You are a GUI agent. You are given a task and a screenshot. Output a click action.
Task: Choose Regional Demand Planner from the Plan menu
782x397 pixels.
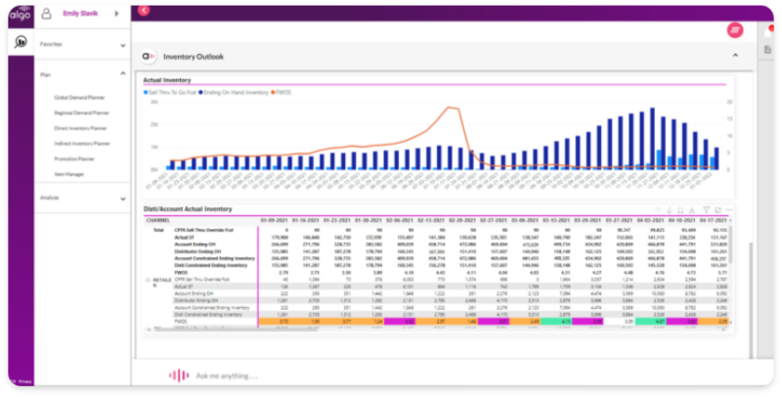(x=82, y=112)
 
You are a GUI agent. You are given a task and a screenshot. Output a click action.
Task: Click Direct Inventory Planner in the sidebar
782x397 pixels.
(x=81, y=128)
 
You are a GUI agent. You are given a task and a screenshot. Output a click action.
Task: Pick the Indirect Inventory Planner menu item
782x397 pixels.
(x=82, y=144)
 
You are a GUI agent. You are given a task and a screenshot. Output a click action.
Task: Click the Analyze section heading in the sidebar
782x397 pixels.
(x=50, y=198)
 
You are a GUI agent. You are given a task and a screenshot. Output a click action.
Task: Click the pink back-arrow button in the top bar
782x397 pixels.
(x=145, y=10)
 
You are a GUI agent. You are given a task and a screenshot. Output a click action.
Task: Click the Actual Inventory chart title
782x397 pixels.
(x=167, y=79)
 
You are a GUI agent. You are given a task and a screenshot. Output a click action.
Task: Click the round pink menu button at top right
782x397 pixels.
(x=735, y=30)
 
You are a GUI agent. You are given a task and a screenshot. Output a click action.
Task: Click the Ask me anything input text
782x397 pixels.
(x=227, y=375)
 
